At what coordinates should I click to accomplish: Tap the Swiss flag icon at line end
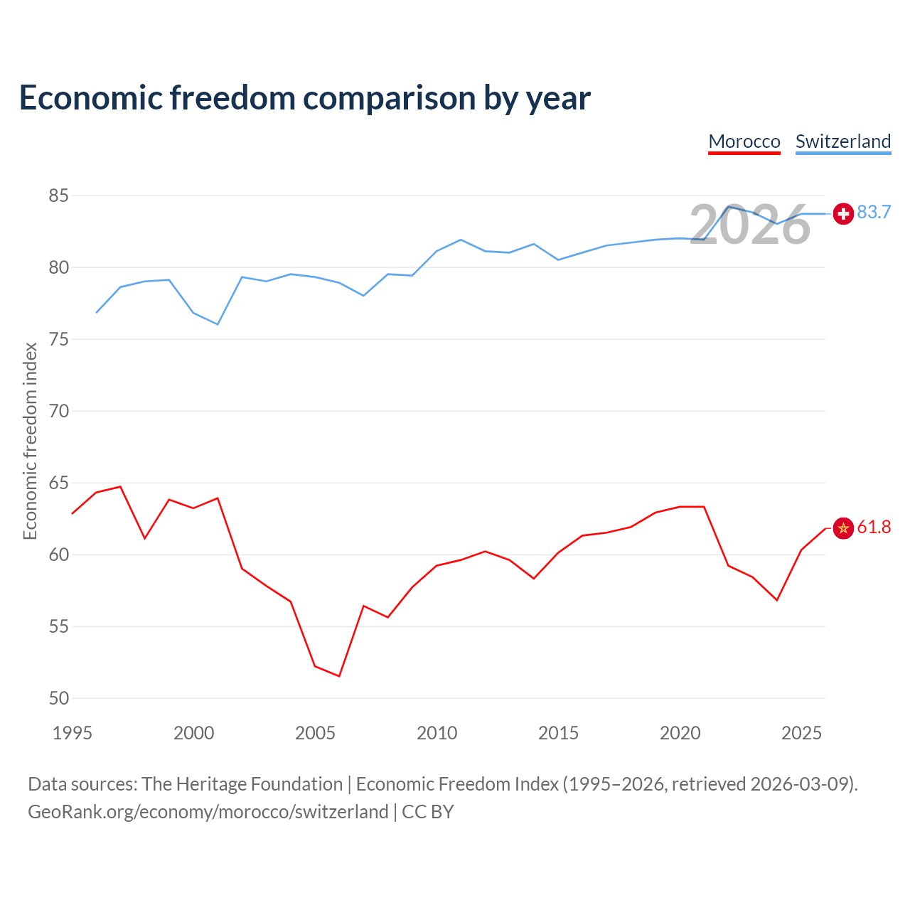pyautogui.click(x=843, y=213)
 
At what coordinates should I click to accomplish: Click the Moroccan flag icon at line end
pyautogui.click(x=843, y=528)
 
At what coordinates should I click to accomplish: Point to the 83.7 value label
pyautogui.click(x=874, y=212)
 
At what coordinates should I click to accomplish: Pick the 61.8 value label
pyautogui.click(x=874, y=527)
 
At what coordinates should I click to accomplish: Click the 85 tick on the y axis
pyautogui.click(x=58, y=196)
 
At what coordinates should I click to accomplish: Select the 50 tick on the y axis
pyautogui.click(x=58, y=698)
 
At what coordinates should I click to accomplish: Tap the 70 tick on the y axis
pyautogui.click(x=58, y=411)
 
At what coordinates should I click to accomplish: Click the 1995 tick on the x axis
pyautogui.click(x=73, y=733)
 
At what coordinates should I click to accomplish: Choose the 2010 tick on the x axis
pyautogui.click(x=437, y=733)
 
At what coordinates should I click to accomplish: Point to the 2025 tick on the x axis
pyautogui.click(x=801, y=733)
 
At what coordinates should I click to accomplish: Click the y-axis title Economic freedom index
pyautogui.click(x=31, y=441)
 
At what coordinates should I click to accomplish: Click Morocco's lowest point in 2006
pyautogui.click(x=339, y=676)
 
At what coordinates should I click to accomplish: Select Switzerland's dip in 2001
pyautogui.click(x=218, y=324)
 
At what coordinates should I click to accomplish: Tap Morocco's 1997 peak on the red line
pyautogui.click(x=120, y=486)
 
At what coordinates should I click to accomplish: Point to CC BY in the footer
pyautogui.click(x=427, y=813)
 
